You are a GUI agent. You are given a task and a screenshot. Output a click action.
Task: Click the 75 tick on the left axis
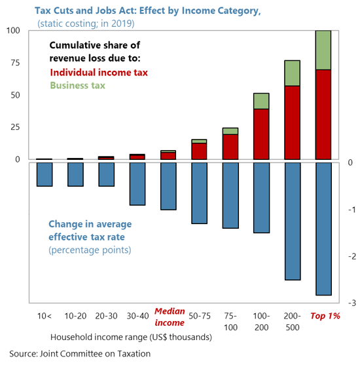point(14,64)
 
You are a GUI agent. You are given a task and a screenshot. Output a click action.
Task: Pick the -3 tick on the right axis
point(351,303)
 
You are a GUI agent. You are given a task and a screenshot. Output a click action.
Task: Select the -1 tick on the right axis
point(351,210)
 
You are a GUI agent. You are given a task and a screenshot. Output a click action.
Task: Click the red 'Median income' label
point(170,318)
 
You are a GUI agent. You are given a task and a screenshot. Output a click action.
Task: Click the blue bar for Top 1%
point(323,229)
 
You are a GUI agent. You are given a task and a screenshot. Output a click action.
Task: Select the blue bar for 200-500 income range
point(292,221)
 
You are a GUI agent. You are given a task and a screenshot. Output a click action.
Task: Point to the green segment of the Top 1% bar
point(323,50)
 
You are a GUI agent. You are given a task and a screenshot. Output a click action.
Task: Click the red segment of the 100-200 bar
point(261,134)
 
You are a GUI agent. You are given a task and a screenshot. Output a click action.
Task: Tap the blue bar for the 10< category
point(45,174)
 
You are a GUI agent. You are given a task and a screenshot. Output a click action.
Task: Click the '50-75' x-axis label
point(199,316)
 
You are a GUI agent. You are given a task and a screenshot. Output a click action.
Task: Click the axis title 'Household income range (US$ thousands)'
point(131,337)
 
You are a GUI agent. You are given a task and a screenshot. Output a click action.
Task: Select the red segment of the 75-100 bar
point(230,147)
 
